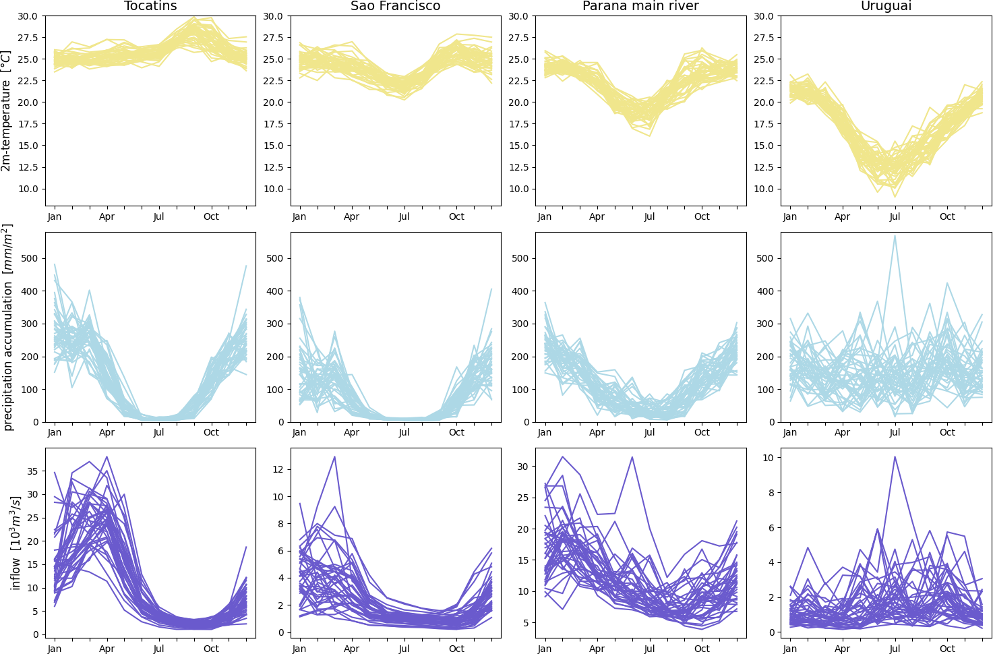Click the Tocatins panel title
point(150,6)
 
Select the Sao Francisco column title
point(395,6)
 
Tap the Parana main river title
point(640,6)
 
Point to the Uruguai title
point(886,6)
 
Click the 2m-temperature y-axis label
point(7,111)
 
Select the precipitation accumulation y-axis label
point(8,328)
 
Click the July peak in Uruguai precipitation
point(895,236)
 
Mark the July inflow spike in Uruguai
point(895,457)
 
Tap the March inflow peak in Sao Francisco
point(334,457)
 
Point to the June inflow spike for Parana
point(632,457)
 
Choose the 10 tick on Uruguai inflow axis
point(768,458)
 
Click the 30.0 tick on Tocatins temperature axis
point(28,16)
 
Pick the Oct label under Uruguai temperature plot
point(947,216)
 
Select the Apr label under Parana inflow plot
point(597,649)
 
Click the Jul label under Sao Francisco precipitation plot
point(404,432)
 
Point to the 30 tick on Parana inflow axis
point(522,467)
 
